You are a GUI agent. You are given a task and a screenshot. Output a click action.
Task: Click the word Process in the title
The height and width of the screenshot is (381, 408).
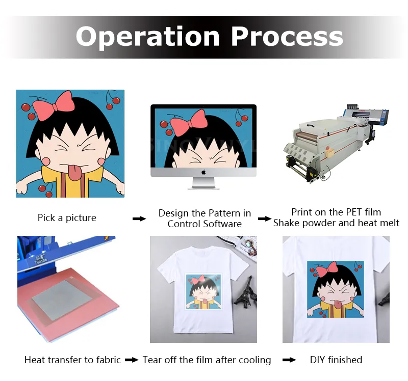tap(287, 37)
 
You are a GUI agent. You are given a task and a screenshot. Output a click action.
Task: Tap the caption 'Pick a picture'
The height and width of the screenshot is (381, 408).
tap(67, 218)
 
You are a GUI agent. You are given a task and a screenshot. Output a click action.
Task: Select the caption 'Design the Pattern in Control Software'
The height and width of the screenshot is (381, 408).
tap(205, 218)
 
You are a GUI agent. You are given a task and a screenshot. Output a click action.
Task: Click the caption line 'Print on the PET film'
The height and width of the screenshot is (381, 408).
tap(336, 212)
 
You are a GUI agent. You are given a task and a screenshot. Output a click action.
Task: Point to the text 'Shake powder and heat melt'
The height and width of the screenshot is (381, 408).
tap(336, 223)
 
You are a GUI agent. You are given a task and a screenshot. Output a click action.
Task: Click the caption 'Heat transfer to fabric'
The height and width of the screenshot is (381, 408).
tap(72, 360)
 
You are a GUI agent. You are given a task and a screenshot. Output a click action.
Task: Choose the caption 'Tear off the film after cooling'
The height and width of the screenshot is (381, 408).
tap(207, 360)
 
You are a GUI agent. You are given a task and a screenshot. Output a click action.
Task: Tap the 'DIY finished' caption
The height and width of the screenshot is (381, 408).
tap(336, 360)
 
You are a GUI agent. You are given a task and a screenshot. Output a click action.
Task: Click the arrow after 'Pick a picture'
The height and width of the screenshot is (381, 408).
tap(139, 219)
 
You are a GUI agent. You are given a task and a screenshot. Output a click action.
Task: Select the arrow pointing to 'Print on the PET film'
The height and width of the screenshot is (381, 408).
tap(264, 219)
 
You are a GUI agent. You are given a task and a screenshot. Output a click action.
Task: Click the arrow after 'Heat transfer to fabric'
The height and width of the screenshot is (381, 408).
tap(132, 360)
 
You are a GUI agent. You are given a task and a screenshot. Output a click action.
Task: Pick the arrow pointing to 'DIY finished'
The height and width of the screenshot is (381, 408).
tap(289, 360)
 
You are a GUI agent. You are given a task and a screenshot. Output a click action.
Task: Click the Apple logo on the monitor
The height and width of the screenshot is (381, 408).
tap(203, 172)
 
